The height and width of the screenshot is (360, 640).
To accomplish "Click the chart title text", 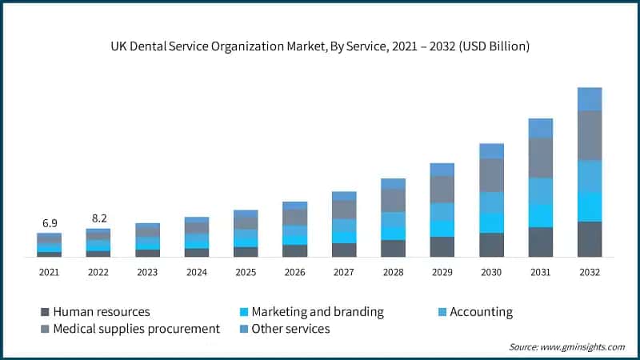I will (x=320, y=47).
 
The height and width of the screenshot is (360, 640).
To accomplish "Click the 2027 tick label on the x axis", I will (x=344, y=273).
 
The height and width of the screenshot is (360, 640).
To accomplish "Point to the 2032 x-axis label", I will (x=590, y=273).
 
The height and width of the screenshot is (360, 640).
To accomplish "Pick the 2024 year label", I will (x=196, y=273).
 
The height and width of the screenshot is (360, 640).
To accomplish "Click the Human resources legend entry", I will (x=101, y=312).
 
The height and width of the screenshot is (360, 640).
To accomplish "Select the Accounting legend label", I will (x=481, y=312).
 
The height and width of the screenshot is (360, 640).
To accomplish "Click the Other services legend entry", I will (x=290, y=329).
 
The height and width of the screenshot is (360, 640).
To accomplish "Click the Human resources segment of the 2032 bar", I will (x=590, y=239).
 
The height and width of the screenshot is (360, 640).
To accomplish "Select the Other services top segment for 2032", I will (x=590, y=99).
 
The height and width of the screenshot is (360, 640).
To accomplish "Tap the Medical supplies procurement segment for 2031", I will (x=541, y=158).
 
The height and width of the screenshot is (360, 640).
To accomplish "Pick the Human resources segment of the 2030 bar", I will (x=491, y=245).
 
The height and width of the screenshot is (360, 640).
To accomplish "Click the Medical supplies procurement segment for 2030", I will (x=491, y=175).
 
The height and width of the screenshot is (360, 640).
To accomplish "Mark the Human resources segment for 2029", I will (x=442, y=246).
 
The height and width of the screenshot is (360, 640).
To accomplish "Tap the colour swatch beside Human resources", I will (x=44, y=312).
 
